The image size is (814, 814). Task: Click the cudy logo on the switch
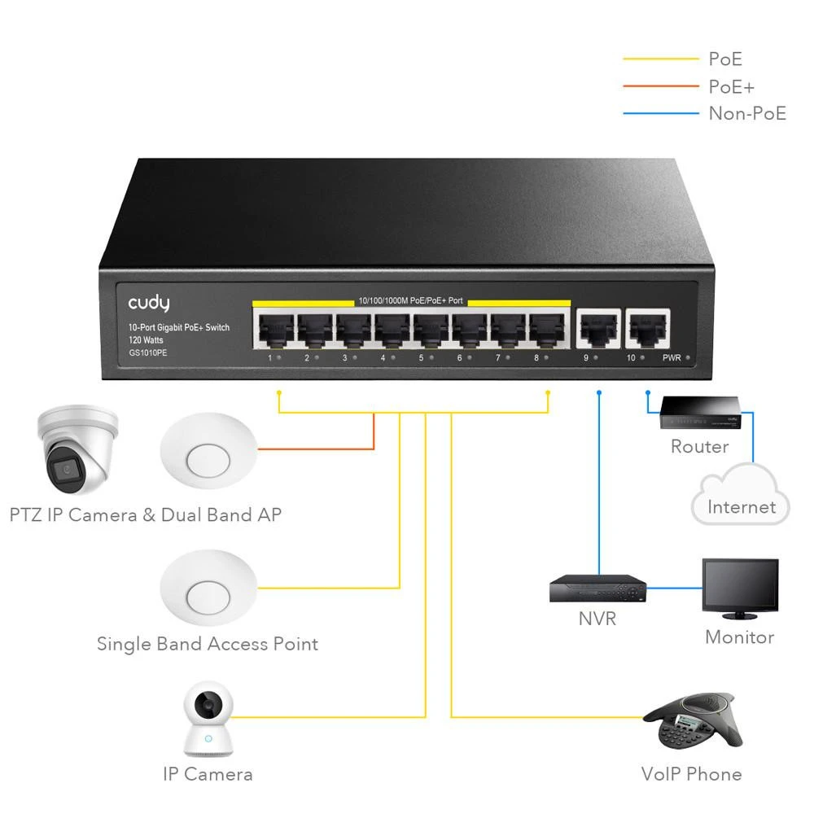(148, 304)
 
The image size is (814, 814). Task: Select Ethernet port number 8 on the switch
(547, 330)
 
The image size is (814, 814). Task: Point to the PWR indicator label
(672, 358)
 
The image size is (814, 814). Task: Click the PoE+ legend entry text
(731, 86)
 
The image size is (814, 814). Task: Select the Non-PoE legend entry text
(747, 113)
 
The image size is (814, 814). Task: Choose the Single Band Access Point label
(208, 644)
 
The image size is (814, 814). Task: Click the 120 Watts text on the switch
(146, 340)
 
